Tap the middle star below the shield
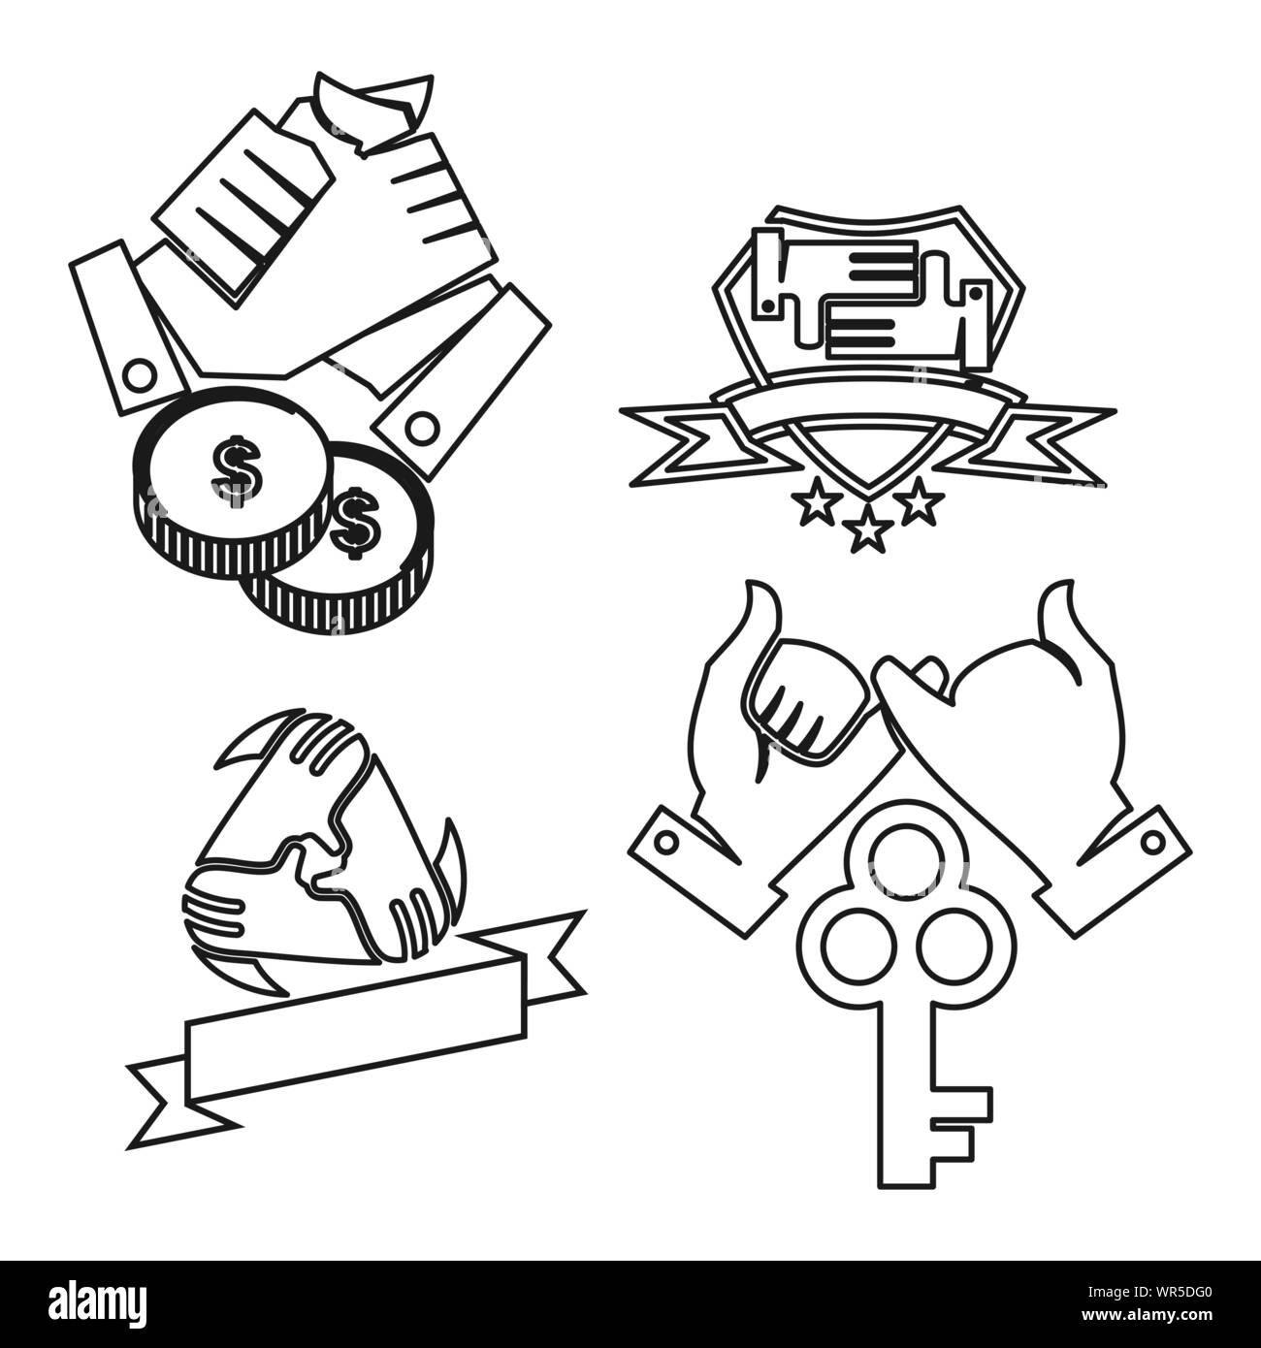[867, 530]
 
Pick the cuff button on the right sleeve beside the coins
[421, 425]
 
